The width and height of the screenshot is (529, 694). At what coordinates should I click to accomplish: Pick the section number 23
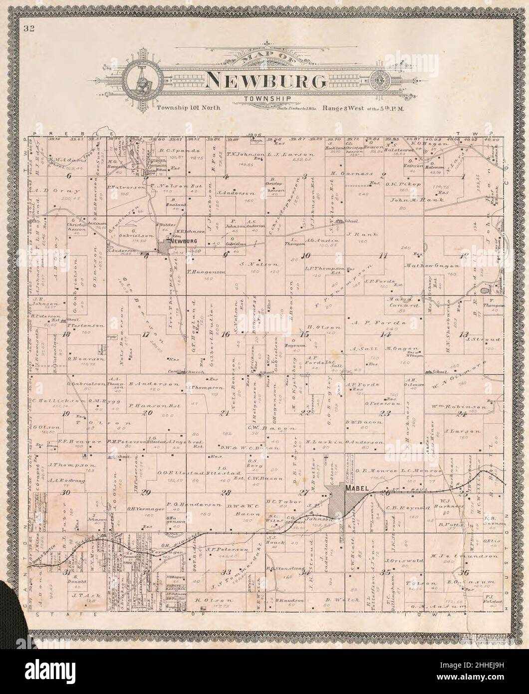point(384,413)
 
